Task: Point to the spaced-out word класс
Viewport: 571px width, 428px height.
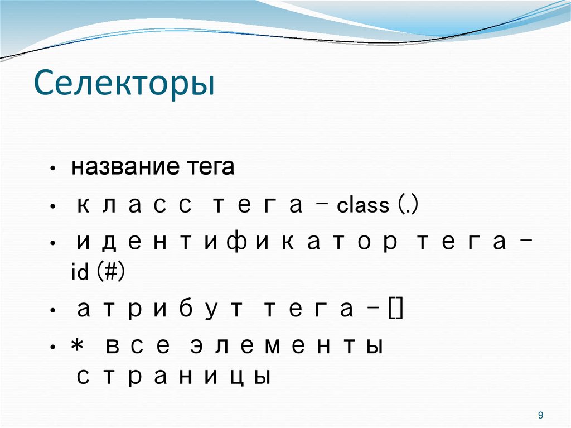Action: point(134,205)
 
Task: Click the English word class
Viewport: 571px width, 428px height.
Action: point(363,205)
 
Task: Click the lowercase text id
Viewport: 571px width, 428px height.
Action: point(80,274)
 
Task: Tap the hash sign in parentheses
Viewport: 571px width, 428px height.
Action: point(111,274)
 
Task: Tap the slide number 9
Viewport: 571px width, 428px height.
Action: point(540,415)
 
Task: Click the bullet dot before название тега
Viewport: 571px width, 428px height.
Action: point(52,169)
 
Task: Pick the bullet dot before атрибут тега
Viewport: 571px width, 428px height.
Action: point(52,311)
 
